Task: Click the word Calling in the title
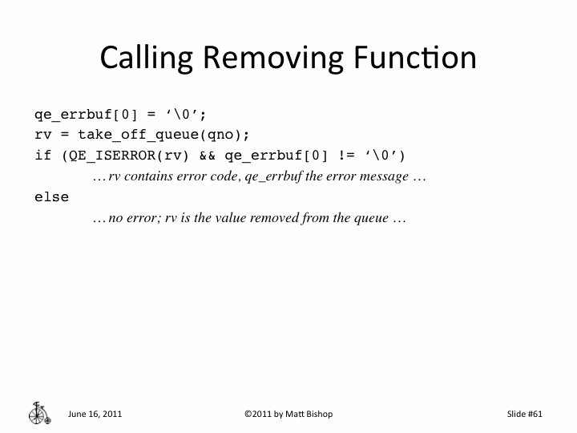pyautogui.click(x=148, y=59)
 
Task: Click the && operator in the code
pyautogui.click(x=207, y=155)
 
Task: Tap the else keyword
pyautogui.click(x=51, y=197)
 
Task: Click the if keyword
pyautogui.click(x=42, y=155)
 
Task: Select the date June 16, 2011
pyautogui.click(x=95, y=414)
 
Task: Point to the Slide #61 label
pyautogui.click(x=525, y=414)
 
